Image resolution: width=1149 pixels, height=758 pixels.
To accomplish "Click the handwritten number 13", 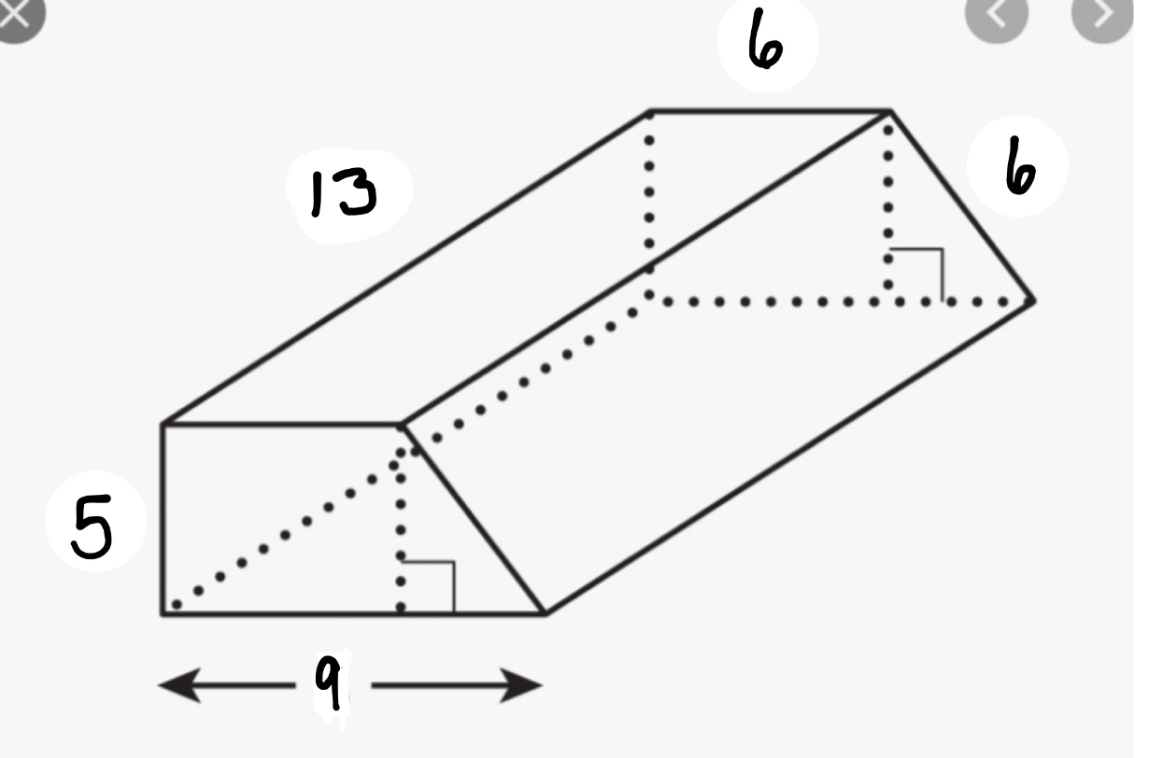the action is (x=344, y=193).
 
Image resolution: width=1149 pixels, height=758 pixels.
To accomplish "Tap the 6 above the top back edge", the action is (x=765, y=41).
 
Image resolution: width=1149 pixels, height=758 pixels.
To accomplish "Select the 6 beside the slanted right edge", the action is (x=1020, y=166).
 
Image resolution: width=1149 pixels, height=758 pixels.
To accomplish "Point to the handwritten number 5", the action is (x=92, y=526).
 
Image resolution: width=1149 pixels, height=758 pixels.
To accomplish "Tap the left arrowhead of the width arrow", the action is (x=178, y=684).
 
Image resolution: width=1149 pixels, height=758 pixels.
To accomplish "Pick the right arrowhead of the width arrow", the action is (x=521, y=685).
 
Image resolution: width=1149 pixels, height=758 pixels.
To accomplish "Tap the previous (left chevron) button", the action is (x=996, y=15).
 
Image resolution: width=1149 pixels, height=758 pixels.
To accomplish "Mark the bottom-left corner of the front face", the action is (x=163, y=613).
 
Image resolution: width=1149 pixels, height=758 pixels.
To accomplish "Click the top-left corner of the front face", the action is (x=163, y=425).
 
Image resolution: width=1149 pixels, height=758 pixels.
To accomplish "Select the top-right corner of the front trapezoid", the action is (x=402, y=425).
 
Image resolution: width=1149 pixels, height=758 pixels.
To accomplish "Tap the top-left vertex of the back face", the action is (x=649, y=111).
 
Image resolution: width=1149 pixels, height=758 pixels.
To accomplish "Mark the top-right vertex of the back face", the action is (x=890, y=111).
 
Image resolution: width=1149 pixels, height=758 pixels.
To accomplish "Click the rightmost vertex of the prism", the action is (x=1033, y=302).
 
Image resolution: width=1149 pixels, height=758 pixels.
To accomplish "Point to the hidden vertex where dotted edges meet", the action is (x=649, y=295).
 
